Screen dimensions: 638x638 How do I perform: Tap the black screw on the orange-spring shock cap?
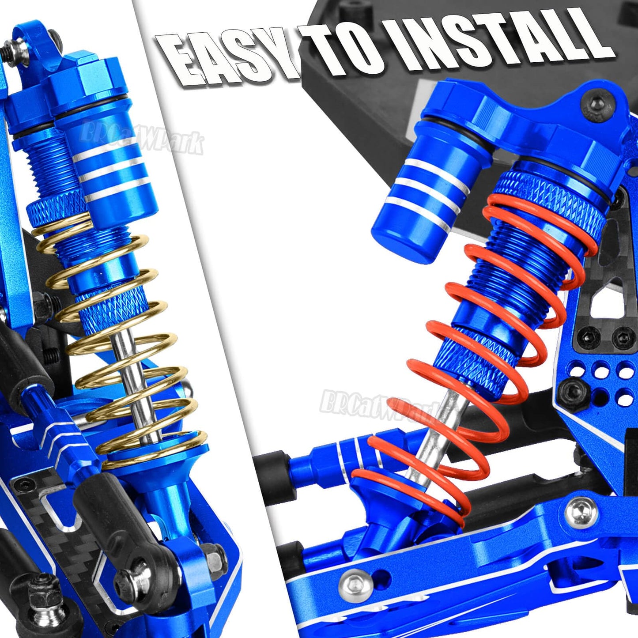click(598, 102)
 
